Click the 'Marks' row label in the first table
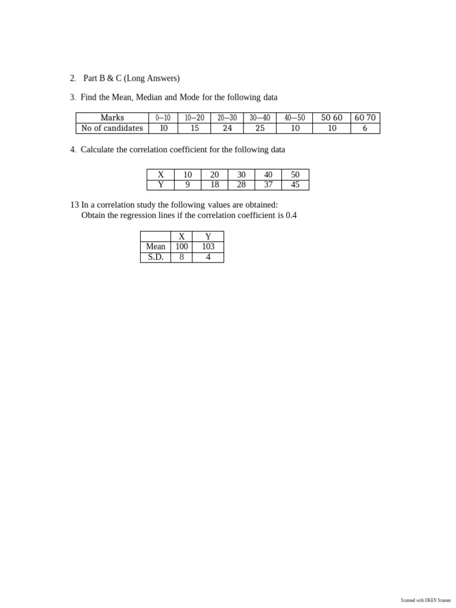(112, 118)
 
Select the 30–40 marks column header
(259, 118)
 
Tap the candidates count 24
(227, 128)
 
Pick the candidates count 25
(259, 128)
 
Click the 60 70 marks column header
(365, 118)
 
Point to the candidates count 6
(365, 128)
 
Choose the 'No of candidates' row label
(112, 128)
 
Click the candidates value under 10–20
(194, 128)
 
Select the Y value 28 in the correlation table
(241, 185)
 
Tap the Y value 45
(295, 185)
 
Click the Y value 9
(188, 185)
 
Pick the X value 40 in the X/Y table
(268, 175)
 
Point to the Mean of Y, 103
(208, 246)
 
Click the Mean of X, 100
(182, 246)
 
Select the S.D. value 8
(182, 257)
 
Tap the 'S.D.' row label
(156, 257)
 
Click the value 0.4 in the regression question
(291, 215)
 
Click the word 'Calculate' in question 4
(97, 150)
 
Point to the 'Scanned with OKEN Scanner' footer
(426, 600)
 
